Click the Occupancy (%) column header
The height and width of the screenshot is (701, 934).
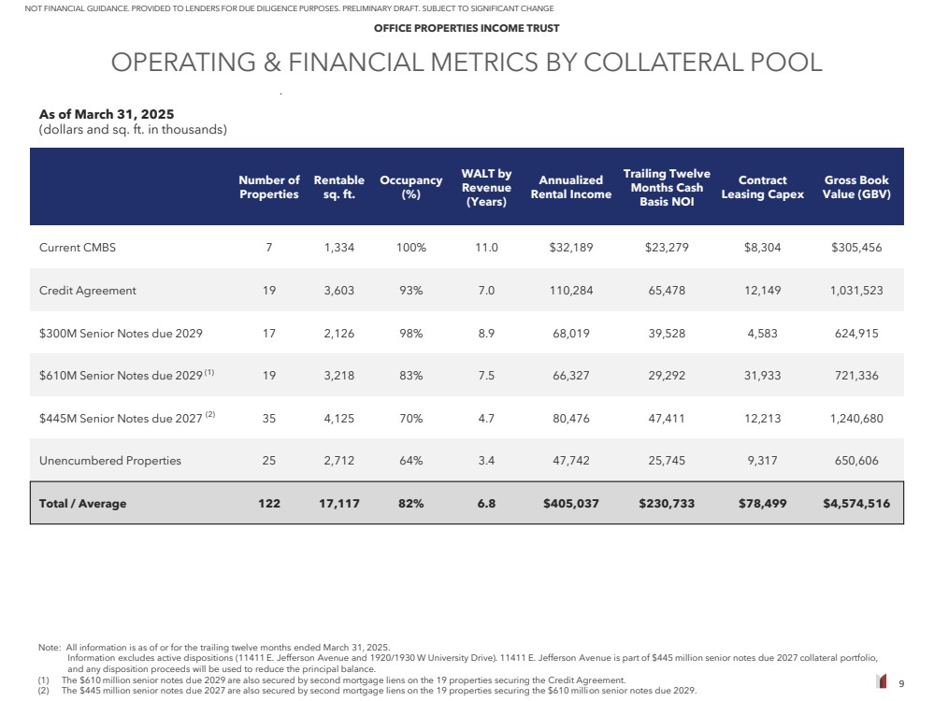(410, 187)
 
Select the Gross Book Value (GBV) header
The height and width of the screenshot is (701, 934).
(856, 187)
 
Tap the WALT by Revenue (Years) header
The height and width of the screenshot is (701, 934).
(486, 187)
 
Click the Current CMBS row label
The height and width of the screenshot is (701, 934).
(78, 248)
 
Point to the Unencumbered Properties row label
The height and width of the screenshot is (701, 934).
(110, 461)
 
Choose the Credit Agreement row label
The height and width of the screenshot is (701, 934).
(88, 291)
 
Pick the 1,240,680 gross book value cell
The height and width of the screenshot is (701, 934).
(856, 418)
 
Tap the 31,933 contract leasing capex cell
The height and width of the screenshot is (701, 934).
(762, 376)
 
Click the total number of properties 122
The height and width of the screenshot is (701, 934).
(268, 504)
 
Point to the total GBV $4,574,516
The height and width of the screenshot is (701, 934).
(856, 504)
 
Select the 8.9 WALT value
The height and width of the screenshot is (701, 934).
(486, 333)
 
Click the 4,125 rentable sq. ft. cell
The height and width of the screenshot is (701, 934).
(338, 418)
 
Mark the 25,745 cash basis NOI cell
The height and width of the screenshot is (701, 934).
(666, 461)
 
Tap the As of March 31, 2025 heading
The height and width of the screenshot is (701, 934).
(107, 114)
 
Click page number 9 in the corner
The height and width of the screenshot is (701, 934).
(900, 683)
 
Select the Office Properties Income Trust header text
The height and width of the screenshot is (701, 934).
(467, 28)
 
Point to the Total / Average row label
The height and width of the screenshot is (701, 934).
(82, 504)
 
